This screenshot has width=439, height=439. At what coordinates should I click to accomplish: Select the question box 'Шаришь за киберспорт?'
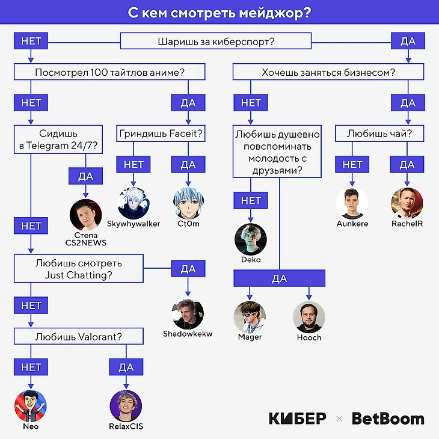(x=216, y=41)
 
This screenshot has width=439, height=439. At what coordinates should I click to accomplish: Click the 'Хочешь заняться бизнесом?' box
(x=328, y=73)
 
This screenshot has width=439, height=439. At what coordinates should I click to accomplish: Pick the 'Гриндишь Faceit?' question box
(x=161, y=133)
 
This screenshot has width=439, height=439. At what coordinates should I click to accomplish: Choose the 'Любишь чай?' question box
(x=379, y=133)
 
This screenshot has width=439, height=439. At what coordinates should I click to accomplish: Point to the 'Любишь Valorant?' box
(x=79, y=336)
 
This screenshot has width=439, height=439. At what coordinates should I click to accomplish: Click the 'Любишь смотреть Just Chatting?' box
(x=79, y=268)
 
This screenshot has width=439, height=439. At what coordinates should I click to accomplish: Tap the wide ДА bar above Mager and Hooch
(x=280, y=278)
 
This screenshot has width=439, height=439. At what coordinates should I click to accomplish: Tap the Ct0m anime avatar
(x=188, y=201)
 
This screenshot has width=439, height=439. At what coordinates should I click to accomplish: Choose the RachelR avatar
(x=407, y=203)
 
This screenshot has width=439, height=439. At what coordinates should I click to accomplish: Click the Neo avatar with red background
(x=30, y=405)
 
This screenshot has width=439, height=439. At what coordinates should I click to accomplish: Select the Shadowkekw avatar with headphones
(x=188, y=314)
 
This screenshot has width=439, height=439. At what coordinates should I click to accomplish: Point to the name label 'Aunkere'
(x=352, y=224)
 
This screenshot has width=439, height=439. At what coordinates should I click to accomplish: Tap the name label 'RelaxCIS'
(x=127, y=426)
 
